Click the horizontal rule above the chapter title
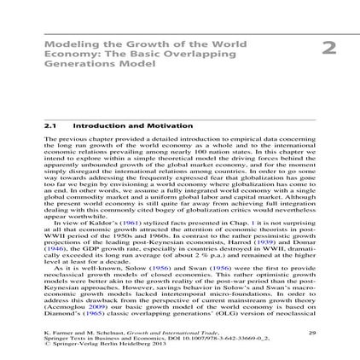(180, 35)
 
